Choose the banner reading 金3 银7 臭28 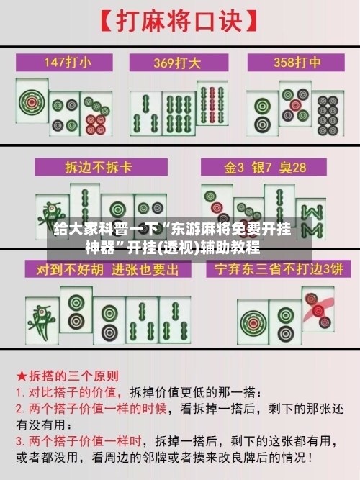coord(265,167)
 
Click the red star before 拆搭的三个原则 coord(22,376)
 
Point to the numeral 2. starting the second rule coord(21,407)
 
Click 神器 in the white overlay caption coord(103,250)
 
